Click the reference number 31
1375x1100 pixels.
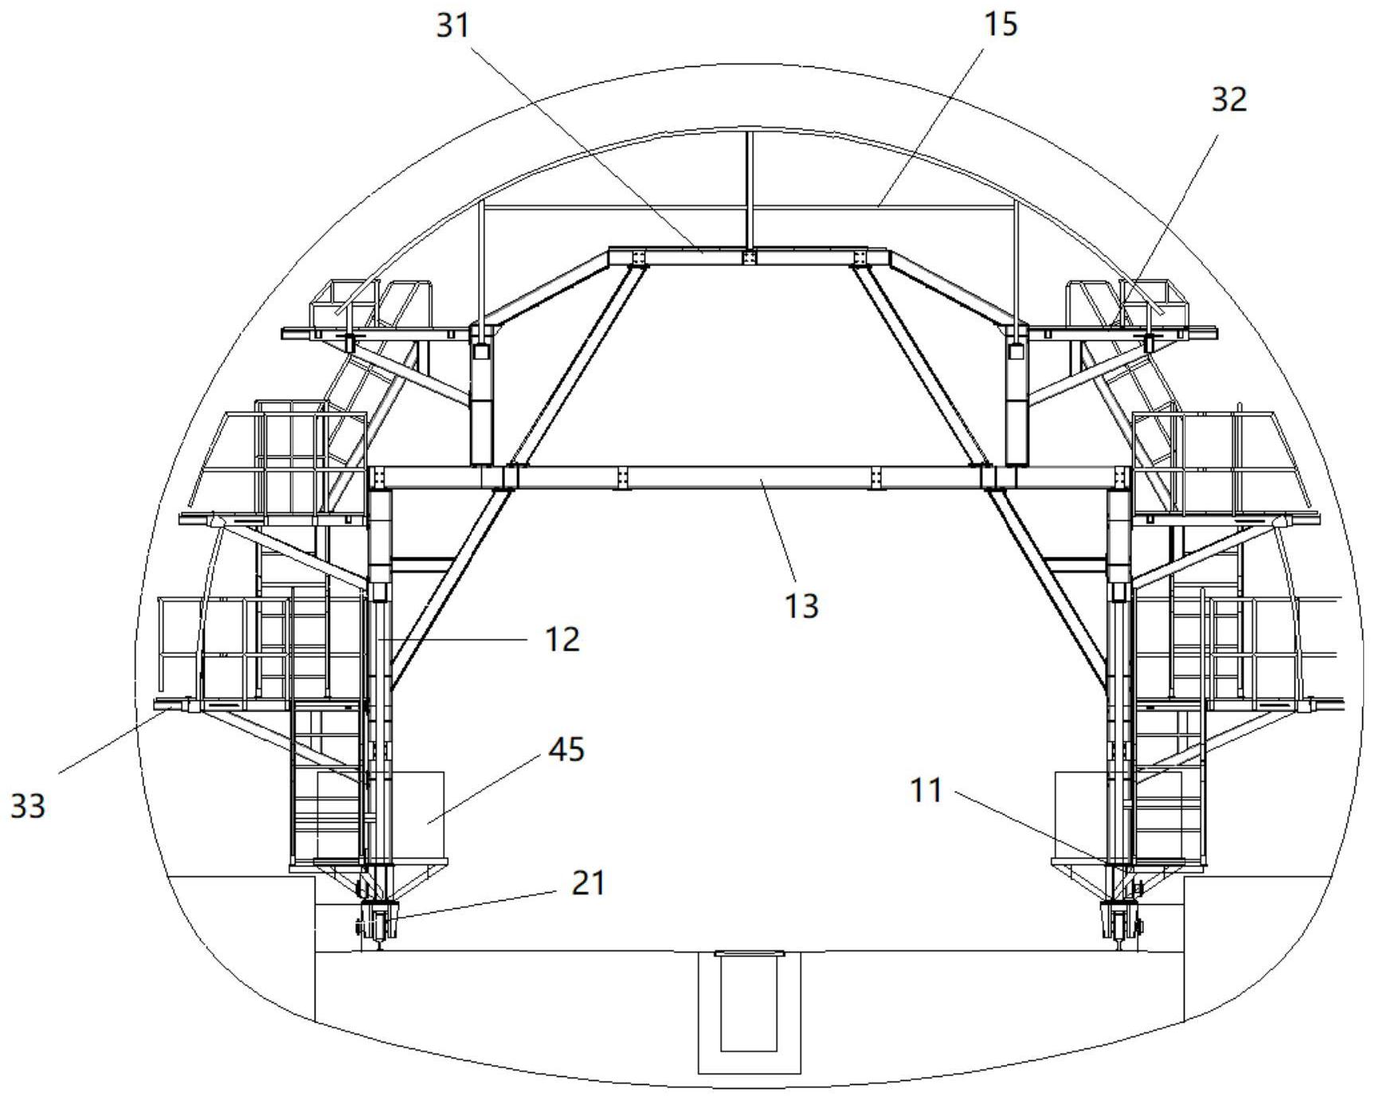(x=454, y=26)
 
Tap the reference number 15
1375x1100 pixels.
(x=1001, y=24)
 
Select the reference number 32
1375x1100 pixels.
(x=1228, y=100)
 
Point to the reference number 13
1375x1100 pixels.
(x=801, y=606)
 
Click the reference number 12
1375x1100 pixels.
(x=562, y=640)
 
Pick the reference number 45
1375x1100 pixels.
(x=567, y=750)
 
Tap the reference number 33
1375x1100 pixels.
(x=28, y=807)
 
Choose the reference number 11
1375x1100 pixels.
(x=925, y=791)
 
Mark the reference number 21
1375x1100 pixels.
(x=588, y=883)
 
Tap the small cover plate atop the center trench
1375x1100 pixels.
(x=750, y=953)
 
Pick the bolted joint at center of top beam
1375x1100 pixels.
(x=749, y=256)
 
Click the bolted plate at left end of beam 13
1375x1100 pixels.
(x=378, y=477)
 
